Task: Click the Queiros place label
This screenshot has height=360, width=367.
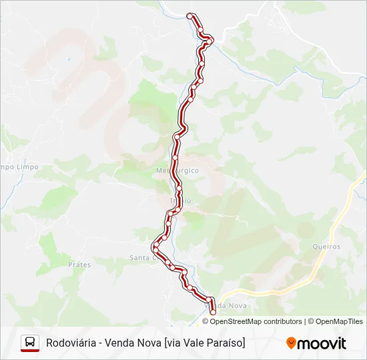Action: tap(326, 247)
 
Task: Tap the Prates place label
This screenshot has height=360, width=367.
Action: tap(79, 265)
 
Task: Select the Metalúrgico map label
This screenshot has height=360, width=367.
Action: tap(177, 170)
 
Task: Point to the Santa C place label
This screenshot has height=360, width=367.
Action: tap(141, 258)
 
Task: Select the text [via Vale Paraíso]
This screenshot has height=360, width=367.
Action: tap(204, 343)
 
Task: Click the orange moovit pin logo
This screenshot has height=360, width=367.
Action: tap(291, 343)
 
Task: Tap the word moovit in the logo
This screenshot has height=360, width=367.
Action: tap(322, 343)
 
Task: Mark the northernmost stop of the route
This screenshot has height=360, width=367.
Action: tap(190, 15)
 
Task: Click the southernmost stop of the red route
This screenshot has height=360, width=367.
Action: tap(213, 311)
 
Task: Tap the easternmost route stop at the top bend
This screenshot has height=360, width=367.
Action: tap(211, 41)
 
